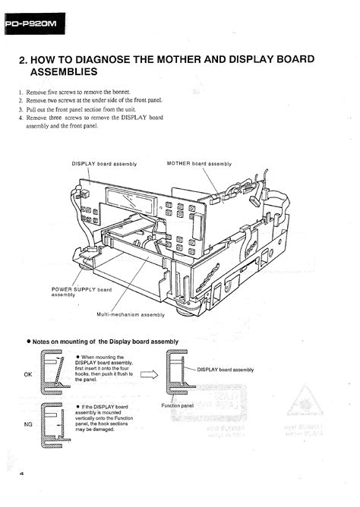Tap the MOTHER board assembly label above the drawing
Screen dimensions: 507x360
click(199, 163)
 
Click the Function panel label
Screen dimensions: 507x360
click(178, 405)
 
